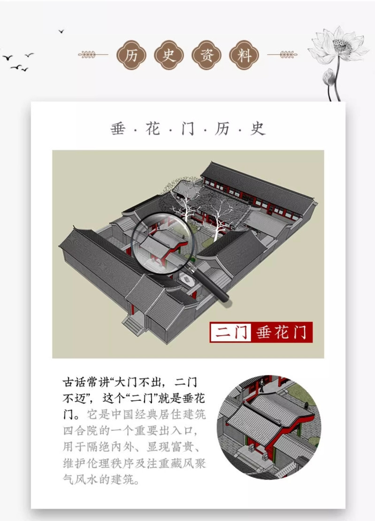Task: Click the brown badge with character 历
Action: click(x=131, y=55)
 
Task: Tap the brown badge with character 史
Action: click(x=169, y=55)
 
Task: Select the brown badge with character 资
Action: click(x=207, y=55)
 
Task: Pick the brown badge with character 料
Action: click(x=244, y=55)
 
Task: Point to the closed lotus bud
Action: click(x=329, y=77)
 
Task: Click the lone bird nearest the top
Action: click(x=61, y=31)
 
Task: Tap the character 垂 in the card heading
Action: click(x=118, y=129)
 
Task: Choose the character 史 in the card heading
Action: click(x=258, y=129)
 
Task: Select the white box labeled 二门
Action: click(x=230, y=332)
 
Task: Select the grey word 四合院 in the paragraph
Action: click(x=81, y=430)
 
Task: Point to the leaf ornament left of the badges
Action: click(x=93, y=54)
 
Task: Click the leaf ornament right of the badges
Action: click(x=283, y=54)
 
